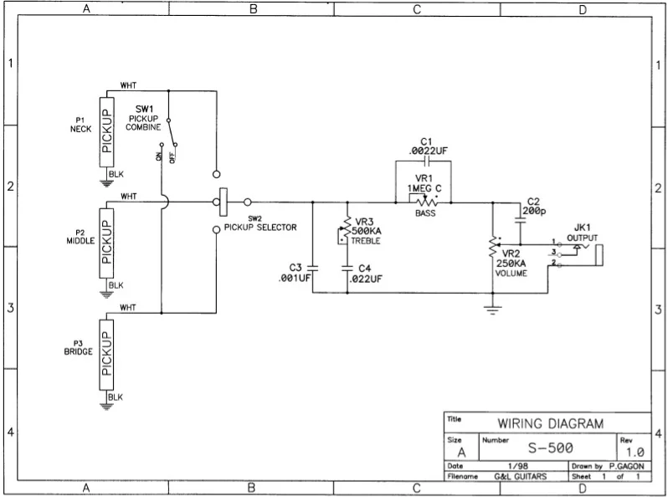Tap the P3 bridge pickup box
[x=106, y=354]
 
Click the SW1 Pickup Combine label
[x=143, y=118]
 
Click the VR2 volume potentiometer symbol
[x=493, y=248]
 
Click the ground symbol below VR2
[x=493, y=310]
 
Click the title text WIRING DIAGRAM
[x=550, y=423]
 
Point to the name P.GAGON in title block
[x=628, y=465]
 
